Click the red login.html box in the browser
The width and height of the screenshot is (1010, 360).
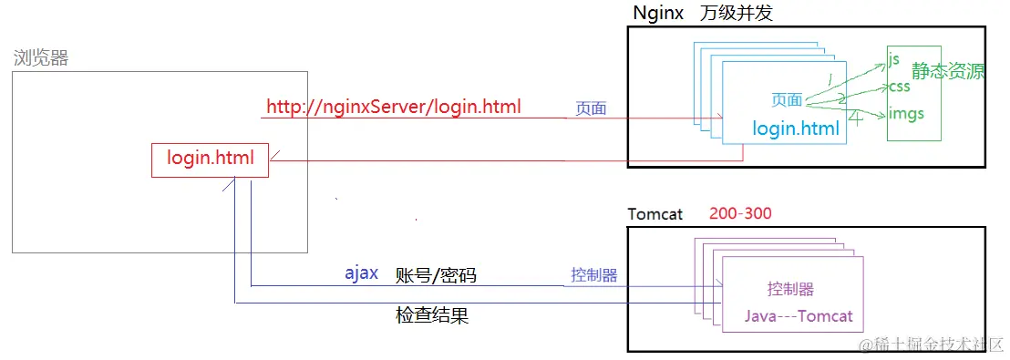click(x=210, y=159)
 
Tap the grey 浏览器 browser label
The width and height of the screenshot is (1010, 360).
click(x=41, y=59)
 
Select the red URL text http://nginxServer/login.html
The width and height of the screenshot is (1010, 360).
click(x=394, y=107)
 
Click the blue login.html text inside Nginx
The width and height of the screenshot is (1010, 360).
click(x=796, y=129)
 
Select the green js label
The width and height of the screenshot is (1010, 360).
click(x=893, y=60)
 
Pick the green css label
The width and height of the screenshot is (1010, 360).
click(x=899, y=87)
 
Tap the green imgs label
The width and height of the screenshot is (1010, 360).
click(x=905, y=114)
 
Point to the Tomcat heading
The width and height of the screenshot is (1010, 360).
click(x=654, y=214)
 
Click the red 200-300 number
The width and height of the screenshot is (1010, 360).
click(x=740, y=214)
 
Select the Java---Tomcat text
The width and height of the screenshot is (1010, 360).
click(x=799, y=316)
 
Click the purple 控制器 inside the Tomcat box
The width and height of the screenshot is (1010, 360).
click(x=790, y=290)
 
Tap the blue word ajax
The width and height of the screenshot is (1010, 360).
click(x=361, y=273)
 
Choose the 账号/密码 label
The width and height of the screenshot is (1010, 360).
click(x=436, y=275)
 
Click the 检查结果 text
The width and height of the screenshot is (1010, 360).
click(x=432, y=316)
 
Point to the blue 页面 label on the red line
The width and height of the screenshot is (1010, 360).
click(x=590, y=108)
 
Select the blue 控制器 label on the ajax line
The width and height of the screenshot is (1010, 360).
click(x=594, y=274)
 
